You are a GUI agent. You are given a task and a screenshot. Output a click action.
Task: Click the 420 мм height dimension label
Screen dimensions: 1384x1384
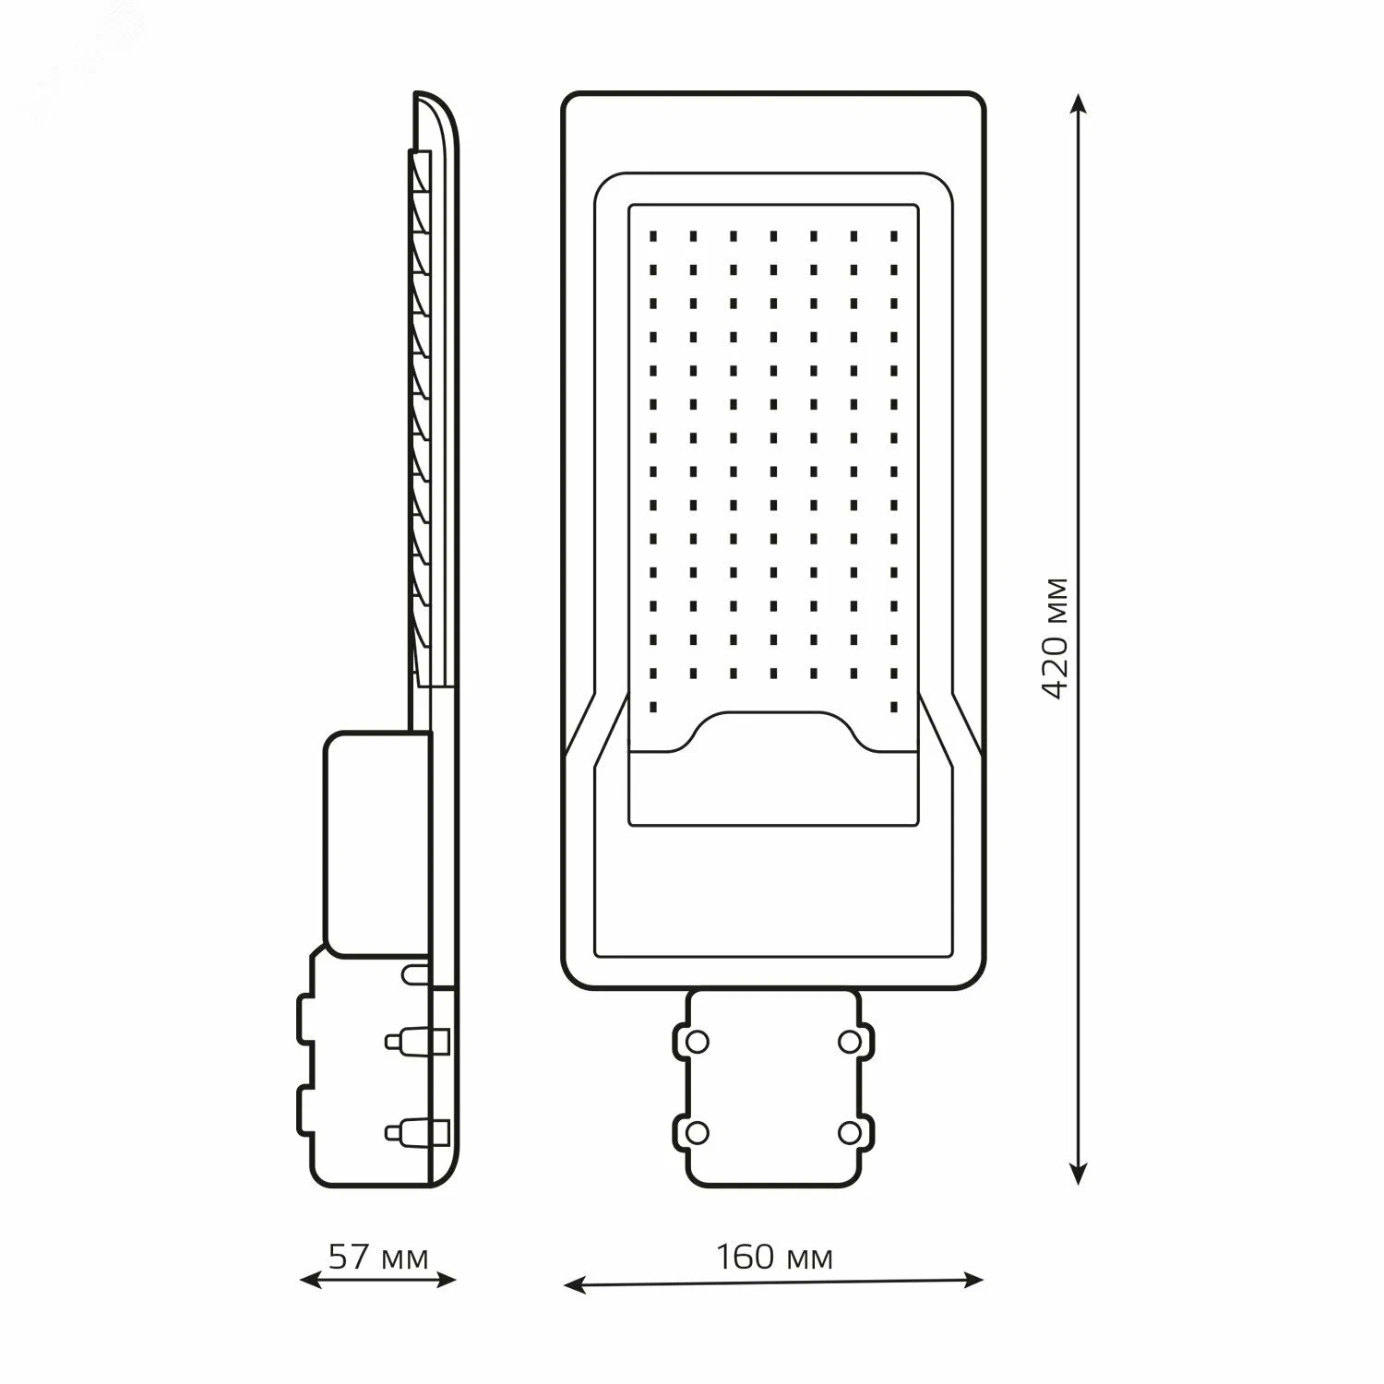pos(1056,638)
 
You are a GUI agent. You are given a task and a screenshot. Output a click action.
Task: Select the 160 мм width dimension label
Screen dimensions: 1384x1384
pos(775,1257)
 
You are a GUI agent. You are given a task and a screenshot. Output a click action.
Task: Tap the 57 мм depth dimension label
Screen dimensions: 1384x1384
pos(379,1257)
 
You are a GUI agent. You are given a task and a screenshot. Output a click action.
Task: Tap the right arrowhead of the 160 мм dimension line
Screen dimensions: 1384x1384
pos(972,1280)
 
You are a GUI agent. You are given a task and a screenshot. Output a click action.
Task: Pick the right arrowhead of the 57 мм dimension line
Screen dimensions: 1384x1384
pos(447,1280)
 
